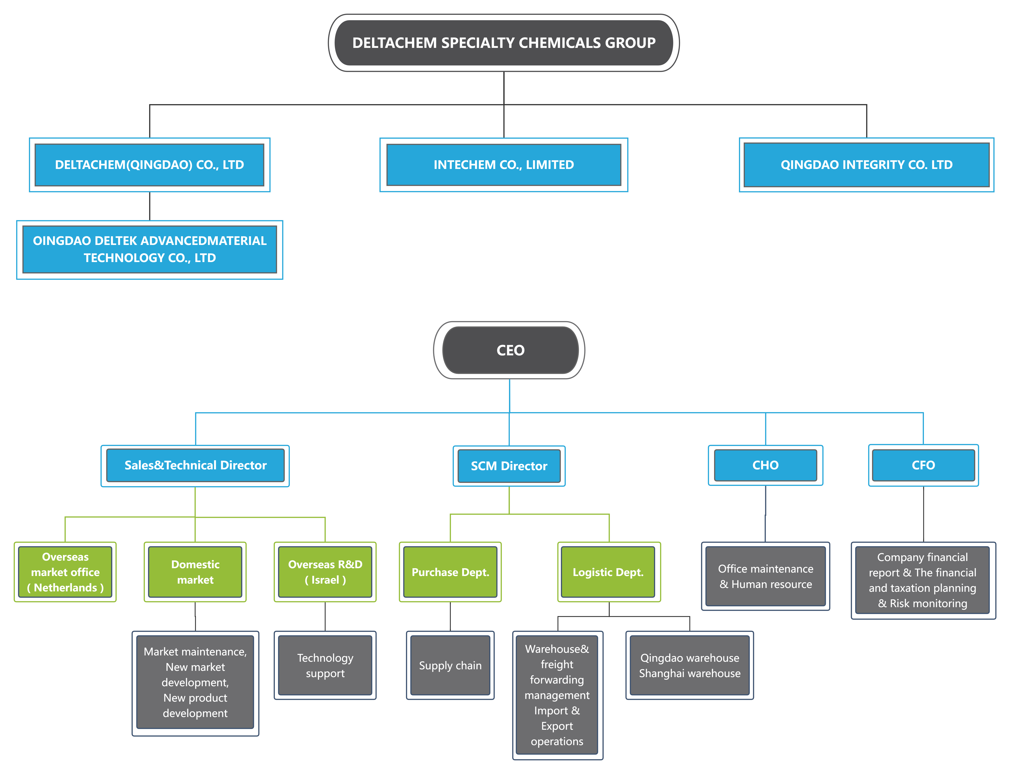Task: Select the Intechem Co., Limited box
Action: click(504, 165)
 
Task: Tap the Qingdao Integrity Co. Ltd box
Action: click(866, 165)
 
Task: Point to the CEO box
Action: click(509, 350)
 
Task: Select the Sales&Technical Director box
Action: click(195, 465)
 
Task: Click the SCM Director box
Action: click(509, 466)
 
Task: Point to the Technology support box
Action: click(325, 665)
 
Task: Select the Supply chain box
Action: click(450, 665)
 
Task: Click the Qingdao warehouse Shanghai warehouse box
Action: click(690, 665)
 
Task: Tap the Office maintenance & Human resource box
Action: click(765, 576)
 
